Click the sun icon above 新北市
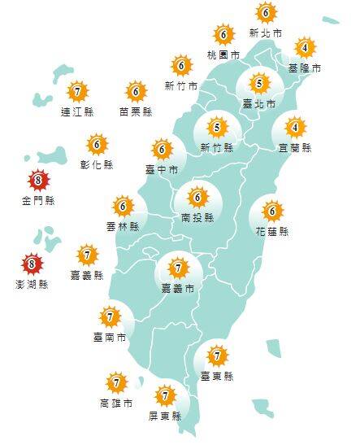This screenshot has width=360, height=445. point(265,13)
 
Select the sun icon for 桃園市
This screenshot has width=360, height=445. point(223,35)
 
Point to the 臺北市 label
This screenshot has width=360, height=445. point(259,104)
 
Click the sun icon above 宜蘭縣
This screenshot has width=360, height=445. point(296,128)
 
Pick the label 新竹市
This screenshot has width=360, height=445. point(180,85)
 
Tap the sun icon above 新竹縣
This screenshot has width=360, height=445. point(216,127)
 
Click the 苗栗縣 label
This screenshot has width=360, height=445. point(135,111)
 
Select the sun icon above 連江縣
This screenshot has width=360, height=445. point(77,91)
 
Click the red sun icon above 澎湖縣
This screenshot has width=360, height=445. point(32,263)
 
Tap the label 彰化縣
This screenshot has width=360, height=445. point(97,164)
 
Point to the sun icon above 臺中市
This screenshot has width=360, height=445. point(162,149)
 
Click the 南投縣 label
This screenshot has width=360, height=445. point(197,217)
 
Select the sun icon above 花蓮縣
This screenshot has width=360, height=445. point(273,212)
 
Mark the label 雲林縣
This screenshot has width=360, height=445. point(123,226)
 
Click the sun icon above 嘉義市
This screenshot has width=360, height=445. point(178,266)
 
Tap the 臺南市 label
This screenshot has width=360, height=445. point(110,336)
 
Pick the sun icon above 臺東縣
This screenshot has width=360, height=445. point(217,356)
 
